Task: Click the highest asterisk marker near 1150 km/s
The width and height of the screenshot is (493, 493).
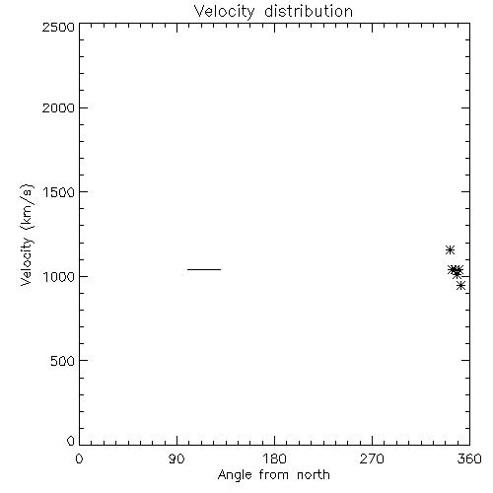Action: (450, 250)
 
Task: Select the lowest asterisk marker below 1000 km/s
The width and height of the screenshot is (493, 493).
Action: (460, 285)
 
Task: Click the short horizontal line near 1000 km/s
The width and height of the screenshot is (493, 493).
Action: (204, 269)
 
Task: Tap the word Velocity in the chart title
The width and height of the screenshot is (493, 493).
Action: (225, 12)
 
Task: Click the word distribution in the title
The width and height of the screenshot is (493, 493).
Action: (309, 12)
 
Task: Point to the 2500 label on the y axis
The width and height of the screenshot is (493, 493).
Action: (58, 27)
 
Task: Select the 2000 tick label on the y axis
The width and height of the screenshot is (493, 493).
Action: (58, 107)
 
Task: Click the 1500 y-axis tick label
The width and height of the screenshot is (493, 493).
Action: (59, 192)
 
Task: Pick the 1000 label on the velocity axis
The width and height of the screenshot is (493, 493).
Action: (59, 276)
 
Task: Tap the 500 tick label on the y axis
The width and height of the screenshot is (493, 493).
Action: (63, 361)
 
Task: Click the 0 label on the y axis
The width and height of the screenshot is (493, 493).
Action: (71, 441)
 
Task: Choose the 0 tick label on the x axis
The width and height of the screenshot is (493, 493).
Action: (79, 458)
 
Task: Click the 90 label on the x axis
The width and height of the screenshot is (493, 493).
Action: (176, 458)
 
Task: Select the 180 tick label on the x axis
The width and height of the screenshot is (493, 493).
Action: (274, 458)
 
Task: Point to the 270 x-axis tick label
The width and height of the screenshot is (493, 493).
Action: (372, 458)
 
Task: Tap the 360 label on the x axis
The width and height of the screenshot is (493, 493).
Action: (469, 458)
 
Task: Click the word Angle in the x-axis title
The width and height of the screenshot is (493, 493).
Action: (235, 475)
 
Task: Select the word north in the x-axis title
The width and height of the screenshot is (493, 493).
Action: (314, 475)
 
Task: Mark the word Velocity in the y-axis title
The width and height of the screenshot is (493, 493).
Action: (27, 261)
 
